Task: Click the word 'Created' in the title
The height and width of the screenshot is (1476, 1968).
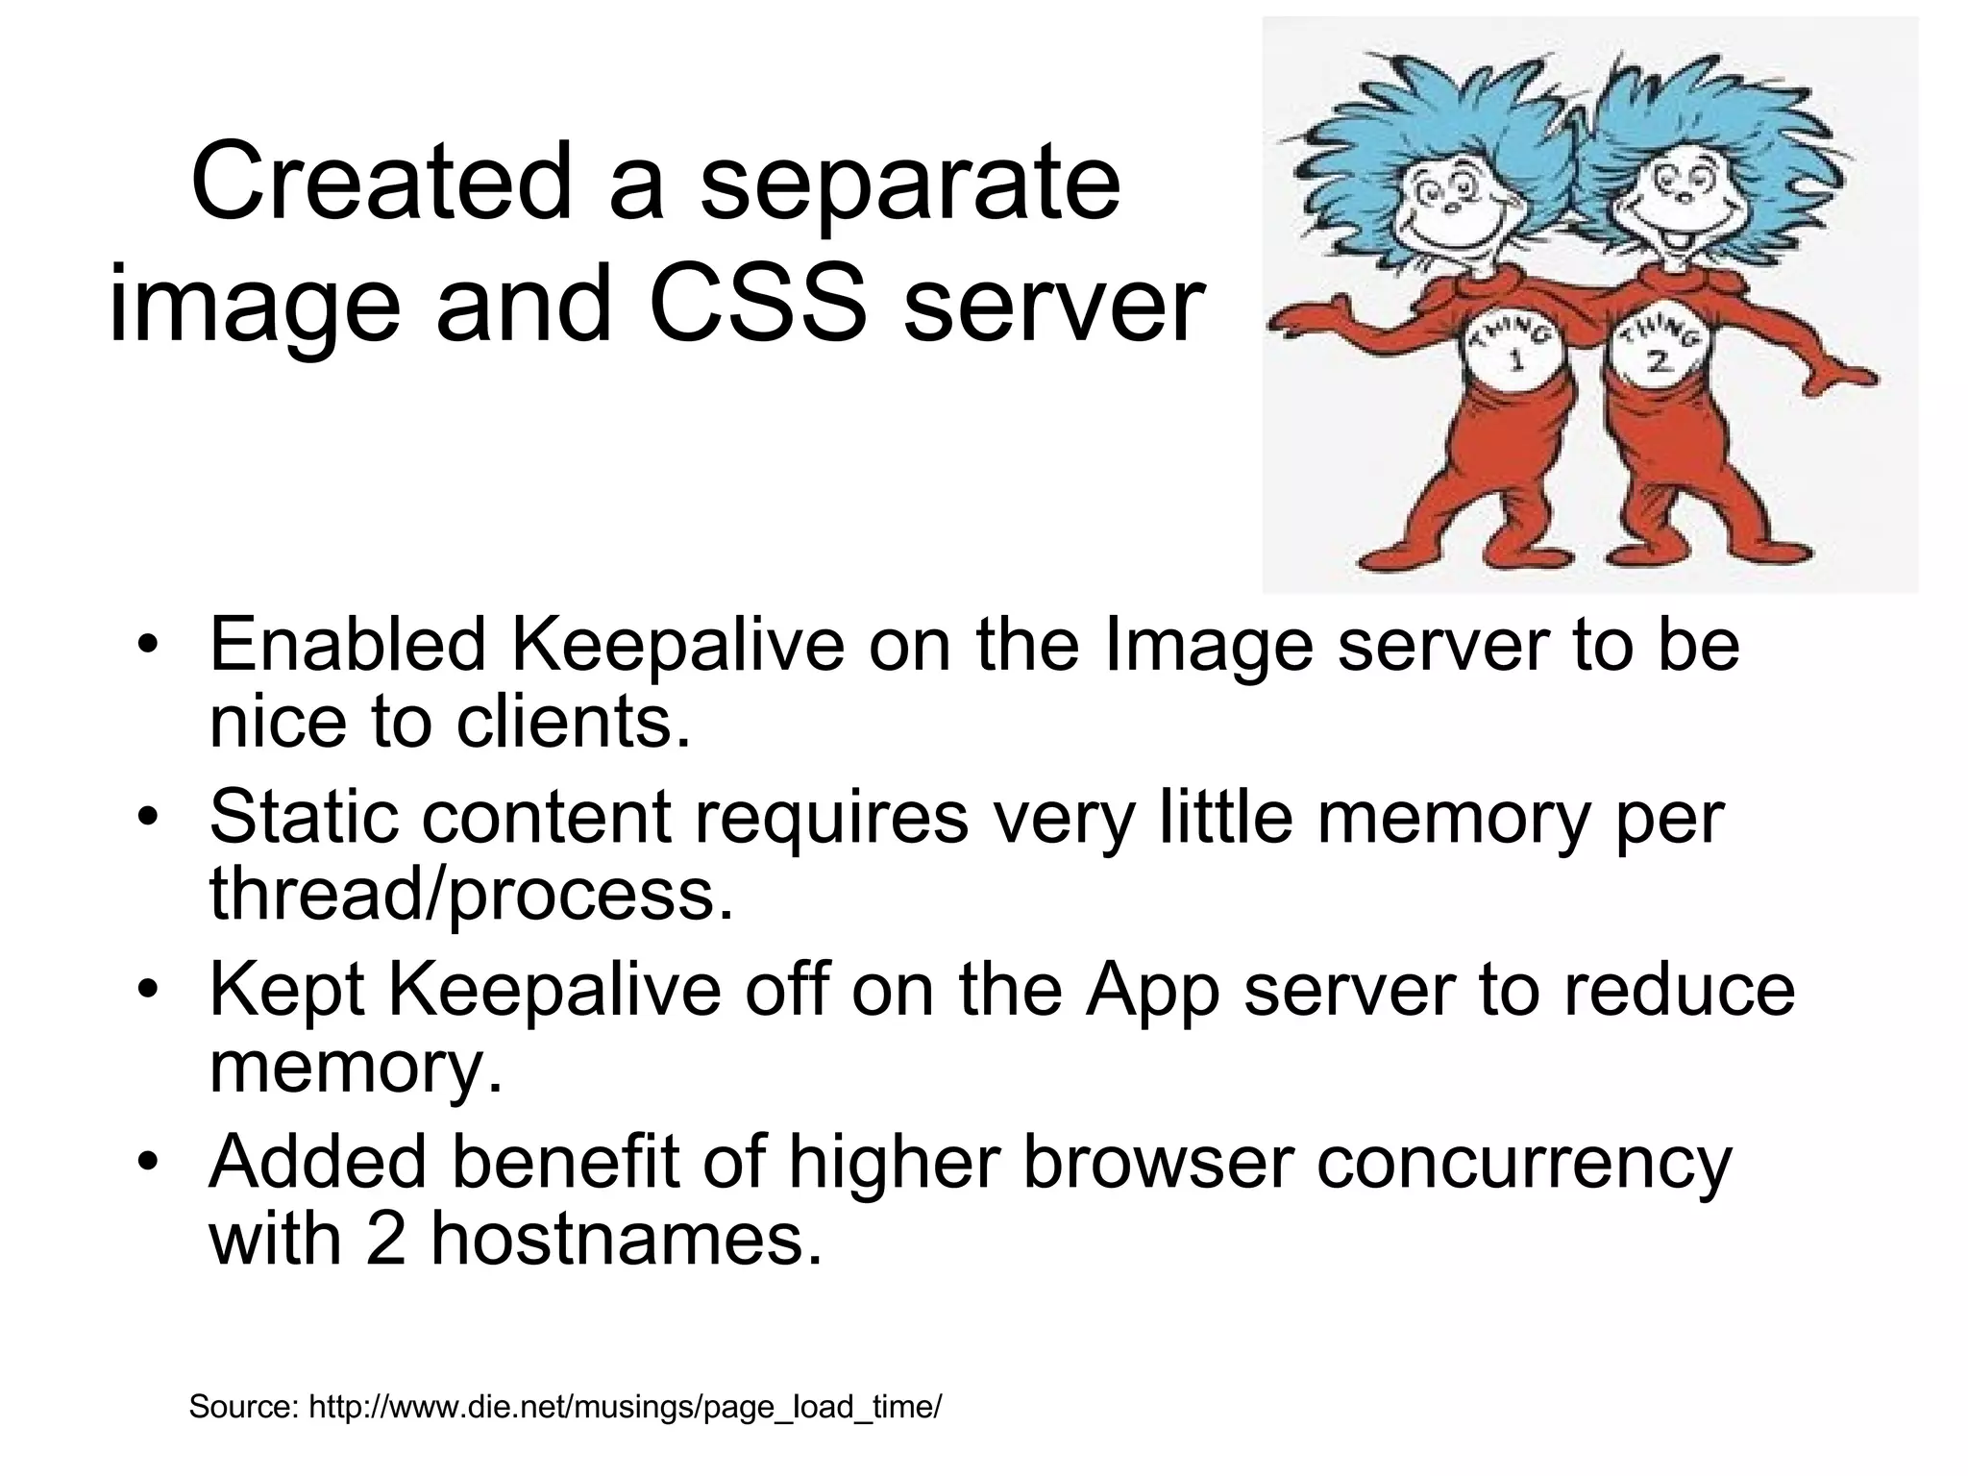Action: (x=380, y=181)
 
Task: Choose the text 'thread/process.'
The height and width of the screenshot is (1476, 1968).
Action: (x=471, y=894)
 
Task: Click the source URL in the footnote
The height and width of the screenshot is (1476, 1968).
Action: (x=625, y=1408)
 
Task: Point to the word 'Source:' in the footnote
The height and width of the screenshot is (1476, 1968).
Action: (x=244, y=1407)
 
